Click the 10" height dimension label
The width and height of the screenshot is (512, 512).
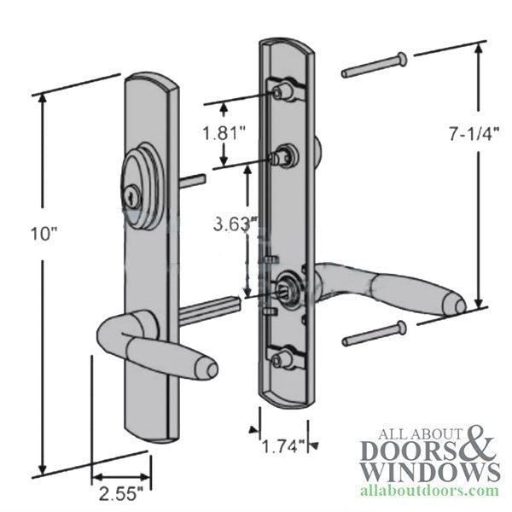(x=44, y=234)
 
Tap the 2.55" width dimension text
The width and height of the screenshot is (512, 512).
(x=121, y=493)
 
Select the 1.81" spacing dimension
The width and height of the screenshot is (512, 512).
(x=224, y=133)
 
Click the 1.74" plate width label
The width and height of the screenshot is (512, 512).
(x=283, y=445)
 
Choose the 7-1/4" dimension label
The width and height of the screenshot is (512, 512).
(x=474, y=133)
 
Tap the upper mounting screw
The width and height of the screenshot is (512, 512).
(x=375, y=66)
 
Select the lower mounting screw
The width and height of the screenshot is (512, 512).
(x=375, y=333)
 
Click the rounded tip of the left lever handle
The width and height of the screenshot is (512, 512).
(x=211, y=369)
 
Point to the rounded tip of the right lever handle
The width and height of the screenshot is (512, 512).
(x=459, y=305)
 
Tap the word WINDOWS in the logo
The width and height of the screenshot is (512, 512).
(x=430, y=472)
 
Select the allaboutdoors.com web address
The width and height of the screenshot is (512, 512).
(x=430, y=491)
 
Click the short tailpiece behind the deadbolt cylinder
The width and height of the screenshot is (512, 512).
(x=192, y=180)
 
